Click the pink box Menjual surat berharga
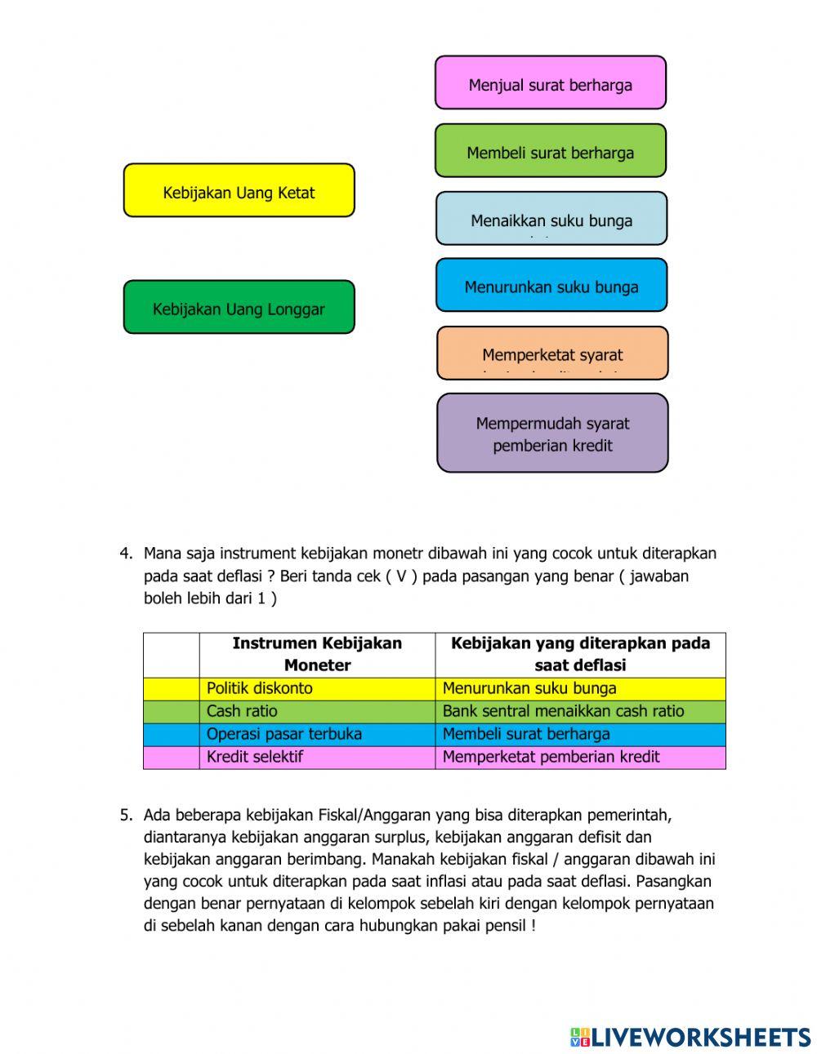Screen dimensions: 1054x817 click(550, 83)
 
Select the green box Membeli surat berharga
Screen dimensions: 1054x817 click(550, 151)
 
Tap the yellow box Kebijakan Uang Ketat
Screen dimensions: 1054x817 click(239, 191)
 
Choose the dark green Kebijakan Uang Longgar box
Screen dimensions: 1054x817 click(239, 308)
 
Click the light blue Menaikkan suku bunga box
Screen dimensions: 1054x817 click(551, 219)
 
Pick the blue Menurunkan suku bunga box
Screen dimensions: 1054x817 click(551, 286)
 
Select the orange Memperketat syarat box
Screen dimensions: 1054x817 click(552, 354)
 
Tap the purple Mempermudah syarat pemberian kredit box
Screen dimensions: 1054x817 click(552, 434)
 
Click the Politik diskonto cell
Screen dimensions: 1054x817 click(316, 688)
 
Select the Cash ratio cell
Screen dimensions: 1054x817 click(316, 711)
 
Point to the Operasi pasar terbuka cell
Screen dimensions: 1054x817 click(316, 734)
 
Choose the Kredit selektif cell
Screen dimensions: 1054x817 click(316, 757)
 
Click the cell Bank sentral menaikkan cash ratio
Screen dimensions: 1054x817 click(579, 711)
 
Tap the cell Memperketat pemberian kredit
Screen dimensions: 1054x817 click(579, 757)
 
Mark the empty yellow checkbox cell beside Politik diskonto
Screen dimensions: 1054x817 click(171, 688)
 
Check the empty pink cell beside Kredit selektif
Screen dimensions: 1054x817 click(171, 757)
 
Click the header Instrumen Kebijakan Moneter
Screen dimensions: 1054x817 click(316, 654)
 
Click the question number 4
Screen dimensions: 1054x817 click(126, 554)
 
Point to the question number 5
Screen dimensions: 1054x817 click(126, 815)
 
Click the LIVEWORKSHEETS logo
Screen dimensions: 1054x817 click(690, 1037)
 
